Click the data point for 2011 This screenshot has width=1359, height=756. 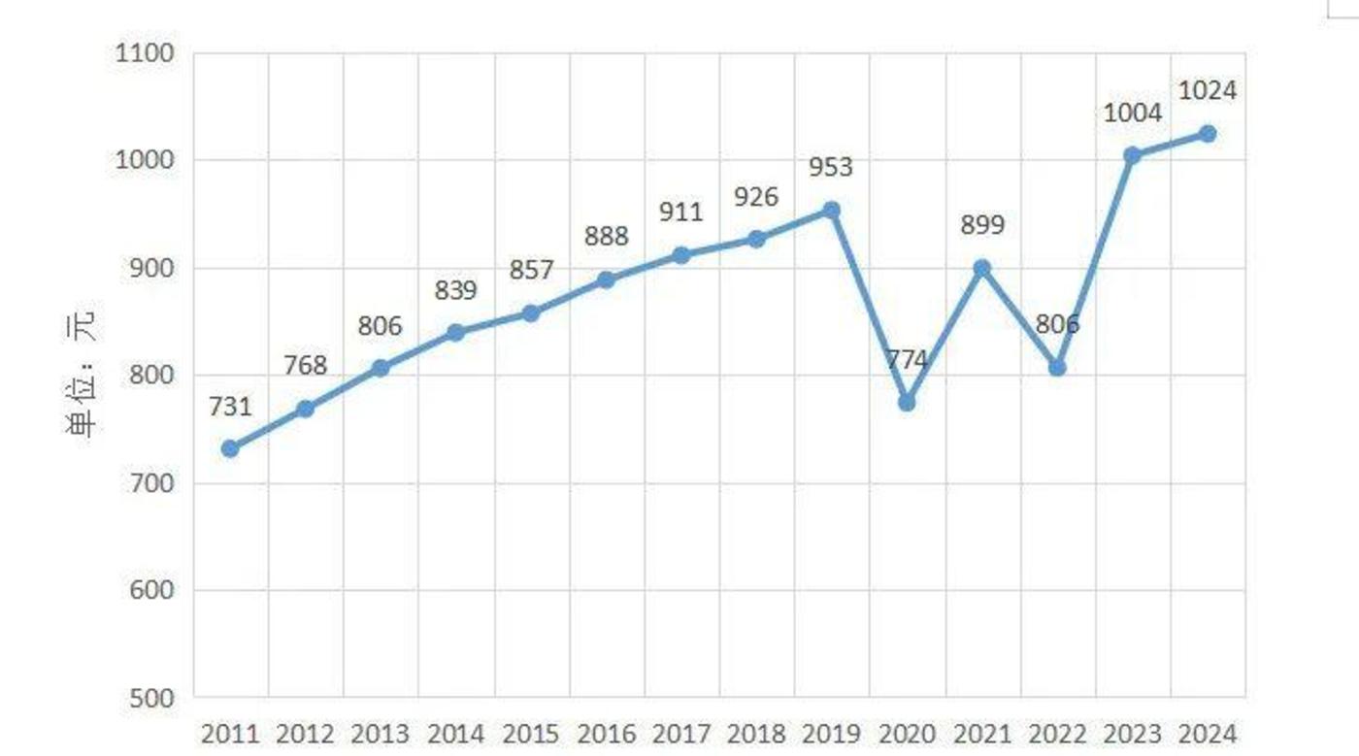230,448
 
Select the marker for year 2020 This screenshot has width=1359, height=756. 907,402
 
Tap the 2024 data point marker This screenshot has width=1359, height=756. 1208,134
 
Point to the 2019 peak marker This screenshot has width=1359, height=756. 832,210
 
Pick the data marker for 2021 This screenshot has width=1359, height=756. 981,268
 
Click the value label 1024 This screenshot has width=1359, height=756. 1208,91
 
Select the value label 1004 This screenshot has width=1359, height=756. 1133,114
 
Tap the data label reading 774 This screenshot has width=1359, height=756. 907,360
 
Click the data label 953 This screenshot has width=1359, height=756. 831,167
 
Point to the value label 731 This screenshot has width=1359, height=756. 230,407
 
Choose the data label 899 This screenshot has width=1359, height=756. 982,225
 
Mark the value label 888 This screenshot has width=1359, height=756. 607,237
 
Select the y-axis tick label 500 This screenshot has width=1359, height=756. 152,698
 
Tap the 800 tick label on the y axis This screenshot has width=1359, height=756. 152,376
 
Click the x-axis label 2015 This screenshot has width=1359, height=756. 531,735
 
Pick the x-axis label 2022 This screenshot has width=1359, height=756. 1057,735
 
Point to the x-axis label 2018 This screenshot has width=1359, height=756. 756,735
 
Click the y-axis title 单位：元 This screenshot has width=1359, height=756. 82,378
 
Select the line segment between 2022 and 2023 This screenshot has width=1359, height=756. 1095,262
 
